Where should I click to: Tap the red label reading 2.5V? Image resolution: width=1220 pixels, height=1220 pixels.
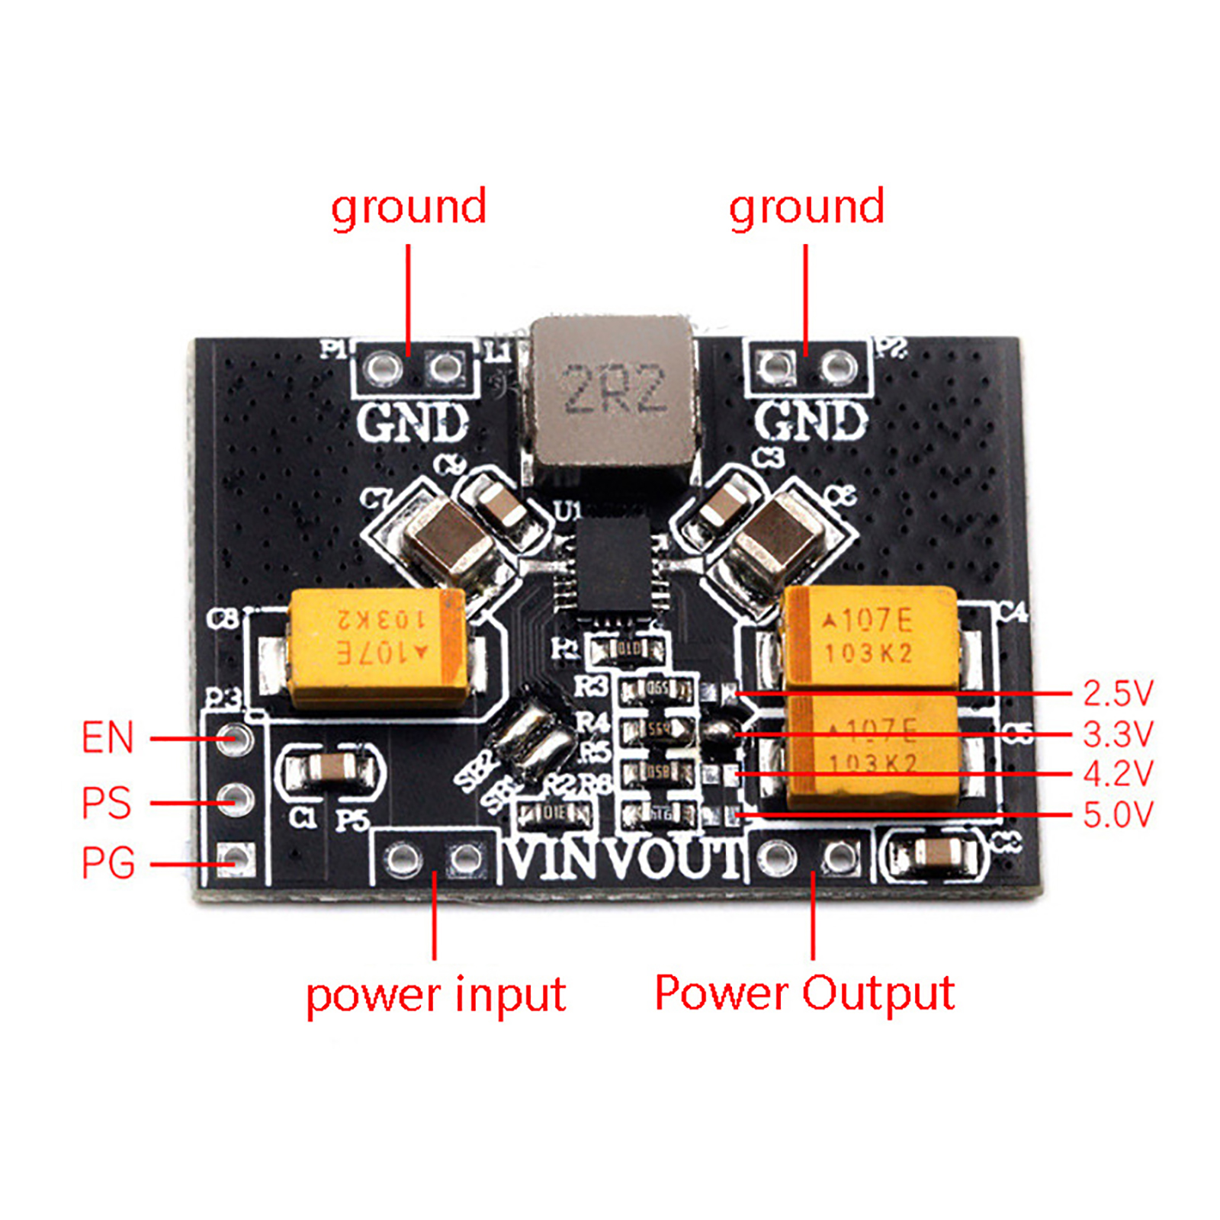point(1117,693)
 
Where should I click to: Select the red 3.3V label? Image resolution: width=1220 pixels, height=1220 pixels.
point(1117,734)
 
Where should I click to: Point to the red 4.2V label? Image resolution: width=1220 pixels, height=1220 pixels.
point(1117,774)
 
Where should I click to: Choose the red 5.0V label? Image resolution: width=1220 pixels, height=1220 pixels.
point(1117,815)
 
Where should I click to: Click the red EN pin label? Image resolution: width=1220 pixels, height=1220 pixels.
point(108,738)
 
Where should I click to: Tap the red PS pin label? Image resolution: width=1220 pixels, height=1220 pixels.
point(106,803)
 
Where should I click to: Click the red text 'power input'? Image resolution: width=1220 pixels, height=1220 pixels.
point(435,995)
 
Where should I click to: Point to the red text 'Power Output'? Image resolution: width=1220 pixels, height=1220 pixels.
point(804,994)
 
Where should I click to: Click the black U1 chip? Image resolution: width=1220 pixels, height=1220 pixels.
point(614,567)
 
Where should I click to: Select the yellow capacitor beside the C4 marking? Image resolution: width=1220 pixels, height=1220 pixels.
point(871,634)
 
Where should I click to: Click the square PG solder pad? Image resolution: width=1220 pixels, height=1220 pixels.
point(234,859)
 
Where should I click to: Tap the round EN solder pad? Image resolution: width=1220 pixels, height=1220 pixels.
point(234,737)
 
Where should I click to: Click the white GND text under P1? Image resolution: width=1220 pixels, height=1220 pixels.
point(413,422)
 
